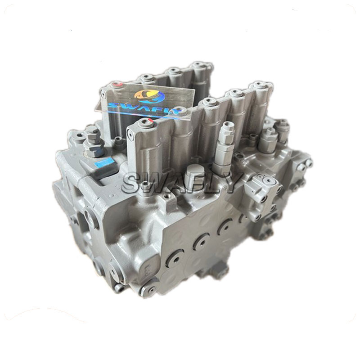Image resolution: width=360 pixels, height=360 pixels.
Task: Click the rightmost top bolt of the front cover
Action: click(x=257, y=85)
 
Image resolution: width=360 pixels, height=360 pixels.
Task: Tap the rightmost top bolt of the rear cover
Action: click(x=198, y=65)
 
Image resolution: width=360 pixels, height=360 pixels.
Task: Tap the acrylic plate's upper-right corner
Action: click(x=194, y=89)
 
